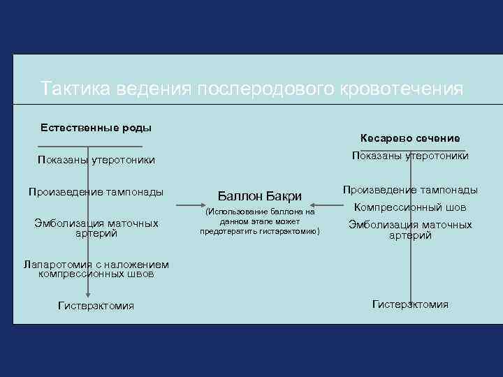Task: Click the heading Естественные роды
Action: (96, 128)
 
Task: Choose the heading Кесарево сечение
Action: (410, 138)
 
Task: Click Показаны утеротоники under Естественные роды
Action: (96, 161)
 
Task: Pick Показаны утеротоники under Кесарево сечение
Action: (410, 155)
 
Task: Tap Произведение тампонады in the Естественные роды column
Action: (96, 191)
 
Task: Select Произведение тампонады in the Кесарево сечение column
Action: (410, 189)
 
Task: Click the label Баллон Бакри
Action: (260, 196)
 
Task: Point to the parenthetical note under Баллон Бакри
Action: (260, 221)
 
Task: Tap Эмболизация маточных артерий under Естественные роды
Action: (96, 228)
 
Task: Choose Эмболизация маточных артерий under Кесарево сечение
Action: (410, 230)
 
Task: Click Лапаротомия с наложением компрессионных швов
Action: (96, 269)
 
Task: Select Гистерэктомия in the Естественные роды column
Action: (96, 306)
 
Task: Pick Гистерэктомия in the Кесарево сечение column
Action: (410, 304)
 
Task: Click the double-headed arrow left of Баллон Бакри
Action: (188, 205)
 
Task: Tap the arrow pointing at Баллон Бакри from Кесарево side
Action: (328, 205)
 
